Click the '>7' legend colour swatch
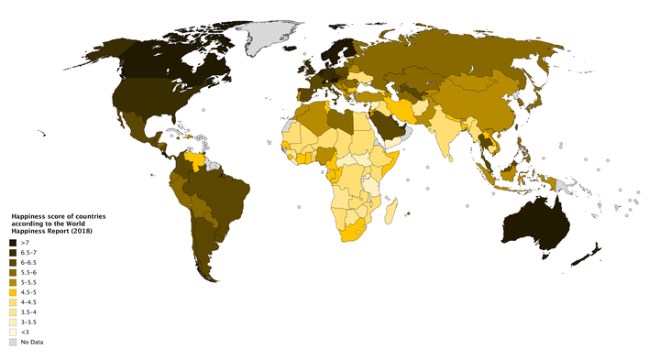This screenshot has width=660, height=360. coord(13,242)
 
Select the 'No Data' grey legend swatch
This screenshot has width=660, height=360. coord(13,342)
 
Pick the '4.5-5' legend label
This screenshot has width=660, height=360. coord(28,292)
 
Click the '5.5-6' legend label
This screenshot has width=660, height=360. coord(28,272)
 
